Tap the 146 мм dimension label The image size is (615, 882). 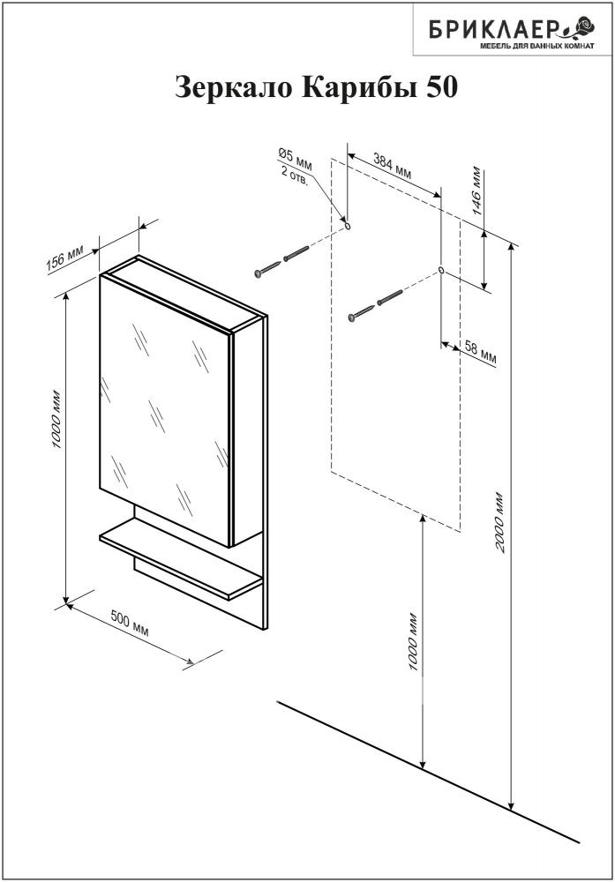coord(476,191)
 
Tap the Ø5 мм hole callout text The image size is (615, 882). coord(295,158)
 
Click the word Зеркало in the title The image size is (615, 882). coord(235,87)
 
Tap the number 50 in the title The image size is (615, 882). coord(441,87)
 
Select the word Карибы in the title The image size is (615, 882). coord(361,88)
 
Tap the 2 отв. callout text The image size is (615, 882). coord(295,176)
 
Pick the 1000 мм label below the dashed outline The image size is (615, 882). coord(414,640)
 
